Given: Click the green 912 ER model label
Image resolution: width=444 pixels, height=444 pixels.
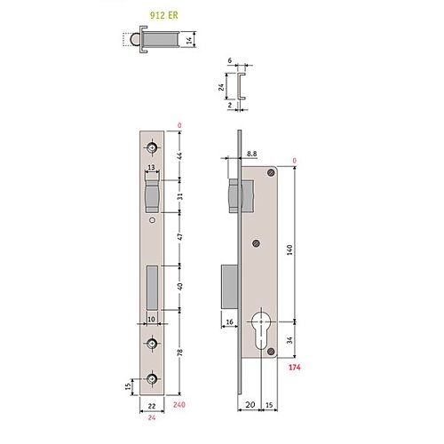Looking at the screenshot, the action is pyautogui.click(x=163, y=15).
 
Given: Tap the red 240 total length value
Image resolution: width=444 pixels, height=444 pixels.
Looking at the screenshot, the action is pyautogui.click(x=179, y=405).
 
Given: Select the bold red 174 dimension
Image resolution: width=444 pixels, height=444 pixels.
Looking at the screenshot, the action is pyautogui.click(x=294, y=368).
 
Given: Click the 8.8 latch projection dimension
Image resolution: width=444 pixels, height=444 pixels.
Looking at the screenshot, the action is pyautogui.click(x=251, y=154).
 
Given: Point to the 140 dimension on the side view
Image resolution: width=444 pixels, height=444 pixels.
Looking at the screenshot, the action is pyautogui.click(x=289, y=250).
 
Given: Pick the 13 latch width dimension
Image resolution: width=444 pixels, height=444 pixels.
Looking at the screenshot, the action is pyautogui.click(x=151, y=168).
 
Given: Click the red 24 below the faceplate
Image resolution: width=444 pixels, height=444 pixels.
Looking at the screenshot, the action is pyautogui.click(x=152, y=417).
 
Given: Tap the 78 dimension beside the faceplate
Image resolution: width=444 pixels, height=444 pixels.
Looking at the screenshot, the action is pyautogui.click(x=179, y=353).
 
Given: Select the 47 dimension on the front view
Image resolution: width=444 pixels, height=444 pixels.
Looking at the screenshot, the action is pyautogui.click(x=179, y=237).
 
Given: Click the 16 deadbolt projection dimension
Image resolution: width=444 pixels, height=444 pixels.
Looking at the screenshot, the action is pyautogui.click(x=229, y=321).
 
